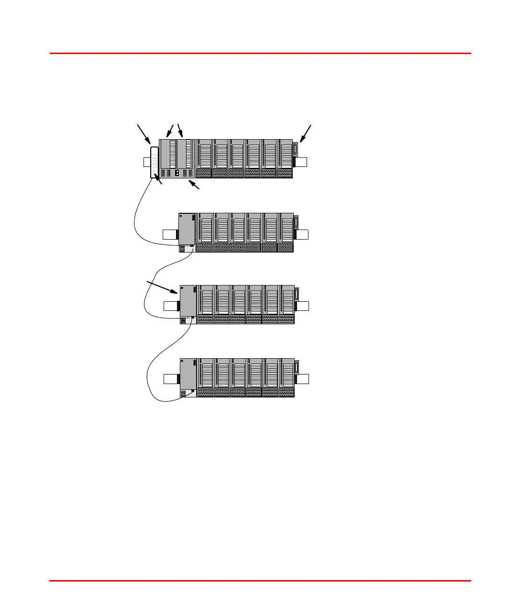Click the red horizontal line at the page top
pos(260,53)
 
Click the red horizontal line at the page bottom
pos(260,581)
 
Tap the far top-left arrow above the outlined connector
pos(143,133)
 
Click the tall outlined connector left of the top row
pos(154,162)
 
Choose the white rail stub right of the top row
pos(301,162)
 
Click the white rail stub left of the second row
pos(170,234)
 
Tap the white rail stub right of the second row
pos(302,234)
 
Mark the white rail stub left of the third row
pos(170,306)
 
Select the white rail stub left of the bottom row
pos(170,379)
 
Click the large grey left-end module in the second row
pos(187,229)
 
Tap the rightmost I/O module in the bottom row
pos(287,377)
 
